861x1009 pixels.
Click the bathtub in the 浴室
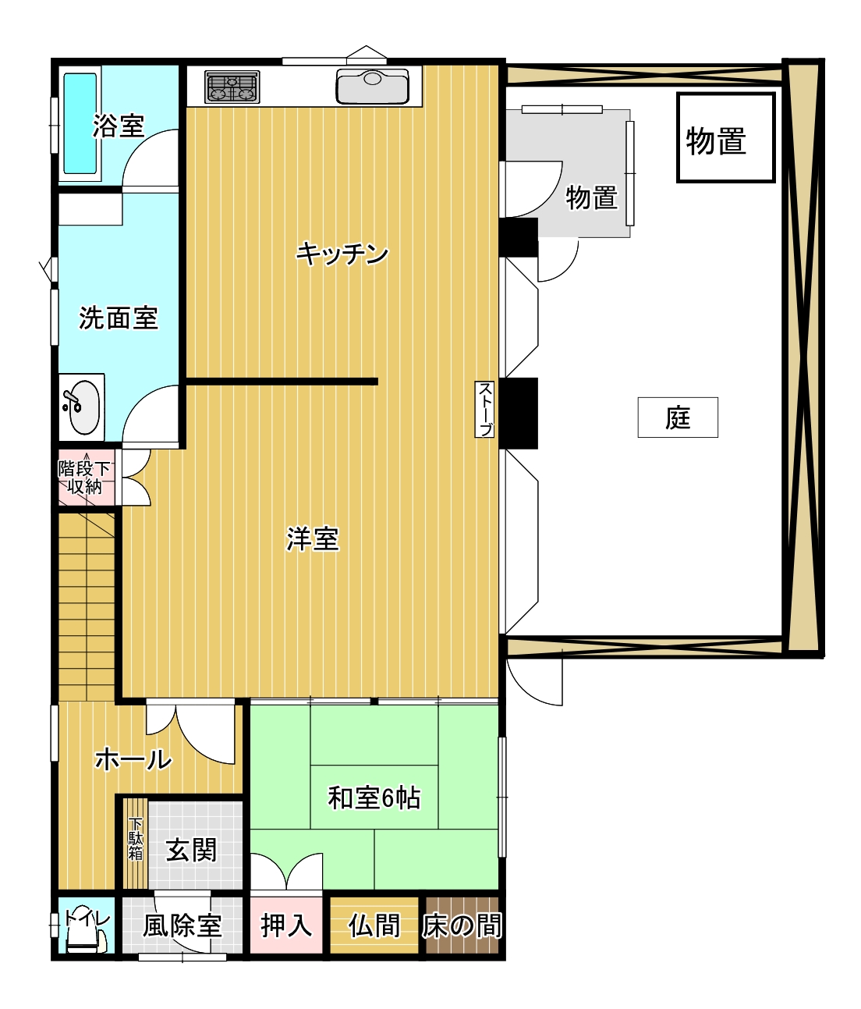80,123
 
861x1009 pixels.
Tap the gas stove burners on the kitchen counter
232,87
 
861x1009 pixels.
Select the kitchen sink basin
372,87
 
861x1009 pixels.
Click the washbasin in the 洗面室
82,407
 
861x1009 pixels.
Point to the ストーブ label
485,409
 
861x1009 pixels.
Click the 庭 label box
678,417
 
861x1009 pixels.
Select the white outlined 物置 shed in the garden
725,137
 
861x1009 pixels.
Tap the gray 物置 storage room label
591,197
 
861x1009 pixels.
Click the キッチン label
342,254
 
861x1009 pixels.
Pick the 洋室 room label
313,539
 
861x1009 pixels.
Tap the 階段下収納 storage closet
84,478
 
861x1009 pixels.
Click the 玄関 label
191,851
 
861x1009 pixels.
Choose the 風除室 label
182,926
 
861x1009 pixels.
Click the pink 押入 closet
286,925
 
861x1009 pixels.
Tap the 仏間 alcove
374,925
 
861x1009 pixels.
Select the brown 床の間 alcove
462,925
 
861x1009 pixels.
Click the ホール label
133,759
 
